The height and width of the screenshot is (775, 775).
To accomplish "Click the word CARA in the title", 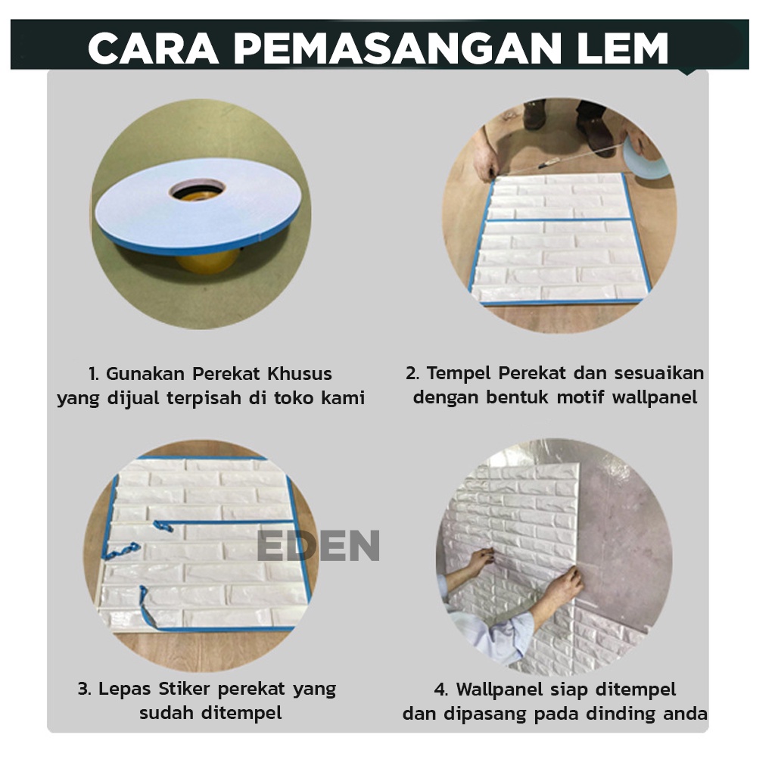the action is point(153,48).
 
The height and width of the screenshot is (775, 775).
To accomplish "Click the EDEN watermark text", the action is point(319,545).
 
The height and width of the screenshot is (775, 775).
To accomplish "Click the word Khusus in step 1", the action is point(300,374).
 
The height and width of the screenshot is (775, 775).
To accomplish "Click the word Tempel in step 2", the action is point(459,374).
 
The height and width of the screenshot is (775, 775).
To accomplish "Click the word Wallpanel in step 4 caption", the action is point(499,689).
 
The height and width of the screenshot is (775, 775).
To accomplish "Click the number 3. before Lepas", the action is point(85,689).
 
